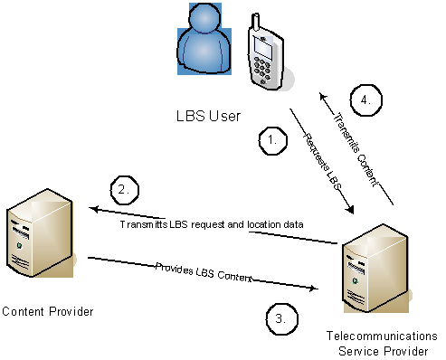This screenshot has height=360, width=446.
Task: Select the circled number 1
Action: click(272, 140)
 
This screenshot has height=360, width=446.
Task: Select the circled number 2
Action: click(124, 190)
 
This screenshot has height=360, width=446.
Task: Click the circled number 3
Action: click(282, 317)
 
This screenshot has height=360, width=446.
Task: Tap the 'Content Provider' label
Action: click(47, 312)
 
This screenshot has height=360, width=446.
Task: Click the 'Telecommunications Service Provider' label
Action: click(381, 342)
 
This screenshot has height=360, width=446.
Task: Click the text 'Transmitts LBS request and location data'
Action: click(211, 223)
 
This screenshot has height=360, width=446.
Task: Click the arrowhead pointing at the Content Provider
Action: click(93, 210)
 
